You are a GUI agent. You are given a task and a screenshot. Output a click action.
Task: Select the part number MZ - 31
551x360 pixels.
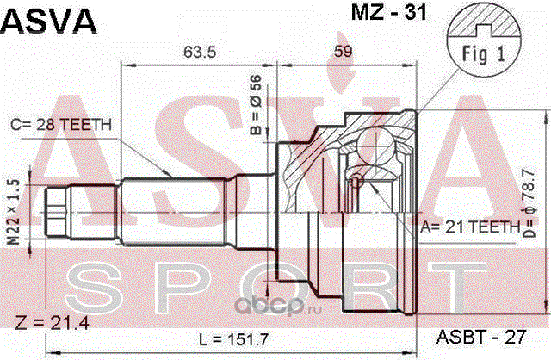coord(389,13)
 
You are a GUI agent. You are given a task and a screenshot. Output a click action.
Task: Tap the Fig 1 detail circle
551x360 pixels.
coord(484,39)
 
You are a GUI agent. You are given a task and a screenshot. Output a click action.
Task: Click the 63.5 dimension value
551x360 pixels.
coord(200,52)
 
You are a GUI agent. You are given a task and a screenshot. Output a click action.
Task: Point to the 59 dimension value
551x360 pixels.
coord(343,52)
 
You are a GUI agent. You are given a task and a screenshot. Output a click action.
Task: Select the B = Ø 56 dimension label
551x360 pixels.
coord(257,105)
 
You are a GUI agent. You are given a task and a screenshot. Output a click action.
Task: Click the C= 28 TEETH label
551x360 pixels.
coord(61,125)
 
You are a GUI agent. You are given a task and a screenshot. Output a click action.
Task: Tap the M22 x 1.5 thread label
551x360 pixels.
coord(14,212)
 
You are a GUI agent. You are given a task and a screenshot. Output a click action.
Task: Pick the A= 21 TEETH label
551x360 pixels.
coord(470,227)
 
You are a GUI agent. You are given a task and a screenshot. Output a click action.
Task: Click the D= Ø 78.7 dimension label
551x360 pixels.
coord(529,203)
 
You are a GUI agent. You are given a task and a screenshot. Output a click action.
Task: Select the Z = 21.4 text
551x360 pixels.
coord(52,323)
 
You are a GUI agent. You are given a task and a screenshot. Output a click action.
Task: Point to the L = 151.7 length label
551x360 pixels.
coord(233,339)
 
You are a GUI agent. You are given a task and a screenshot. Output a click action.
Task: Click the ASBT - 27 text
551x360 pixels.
coord(480,337)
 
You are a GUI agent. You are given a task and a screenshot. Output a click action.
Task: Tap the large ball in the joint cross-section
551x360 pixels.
coord(375,146)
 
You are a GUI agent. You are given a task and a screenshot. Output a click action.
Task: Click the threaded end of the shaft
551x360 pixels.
coord(56,213)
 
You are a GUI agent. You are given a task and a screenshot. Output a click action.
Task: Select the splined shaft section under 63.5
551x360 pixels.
coord(173,213)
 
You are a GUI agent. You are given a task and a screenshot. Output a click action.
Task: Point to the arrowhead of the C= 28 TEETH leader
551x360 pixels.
coord(168,172)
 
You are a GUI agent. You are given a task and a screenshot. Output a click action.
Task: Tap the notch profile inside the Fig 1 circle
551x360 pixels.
coord(484,30)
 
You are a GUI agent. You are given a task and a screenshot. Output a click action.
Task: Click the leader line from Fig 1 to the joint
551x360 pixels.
coord(438,90)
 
